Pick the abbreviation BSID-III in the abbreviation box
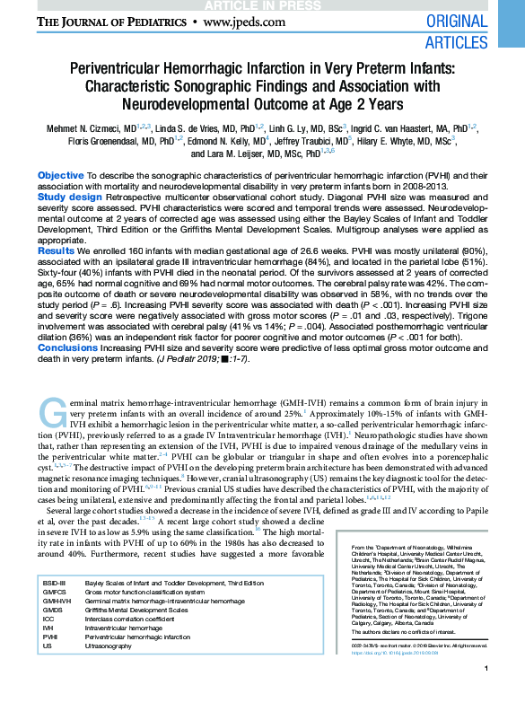55,584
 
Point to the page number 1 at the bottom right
485,693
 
